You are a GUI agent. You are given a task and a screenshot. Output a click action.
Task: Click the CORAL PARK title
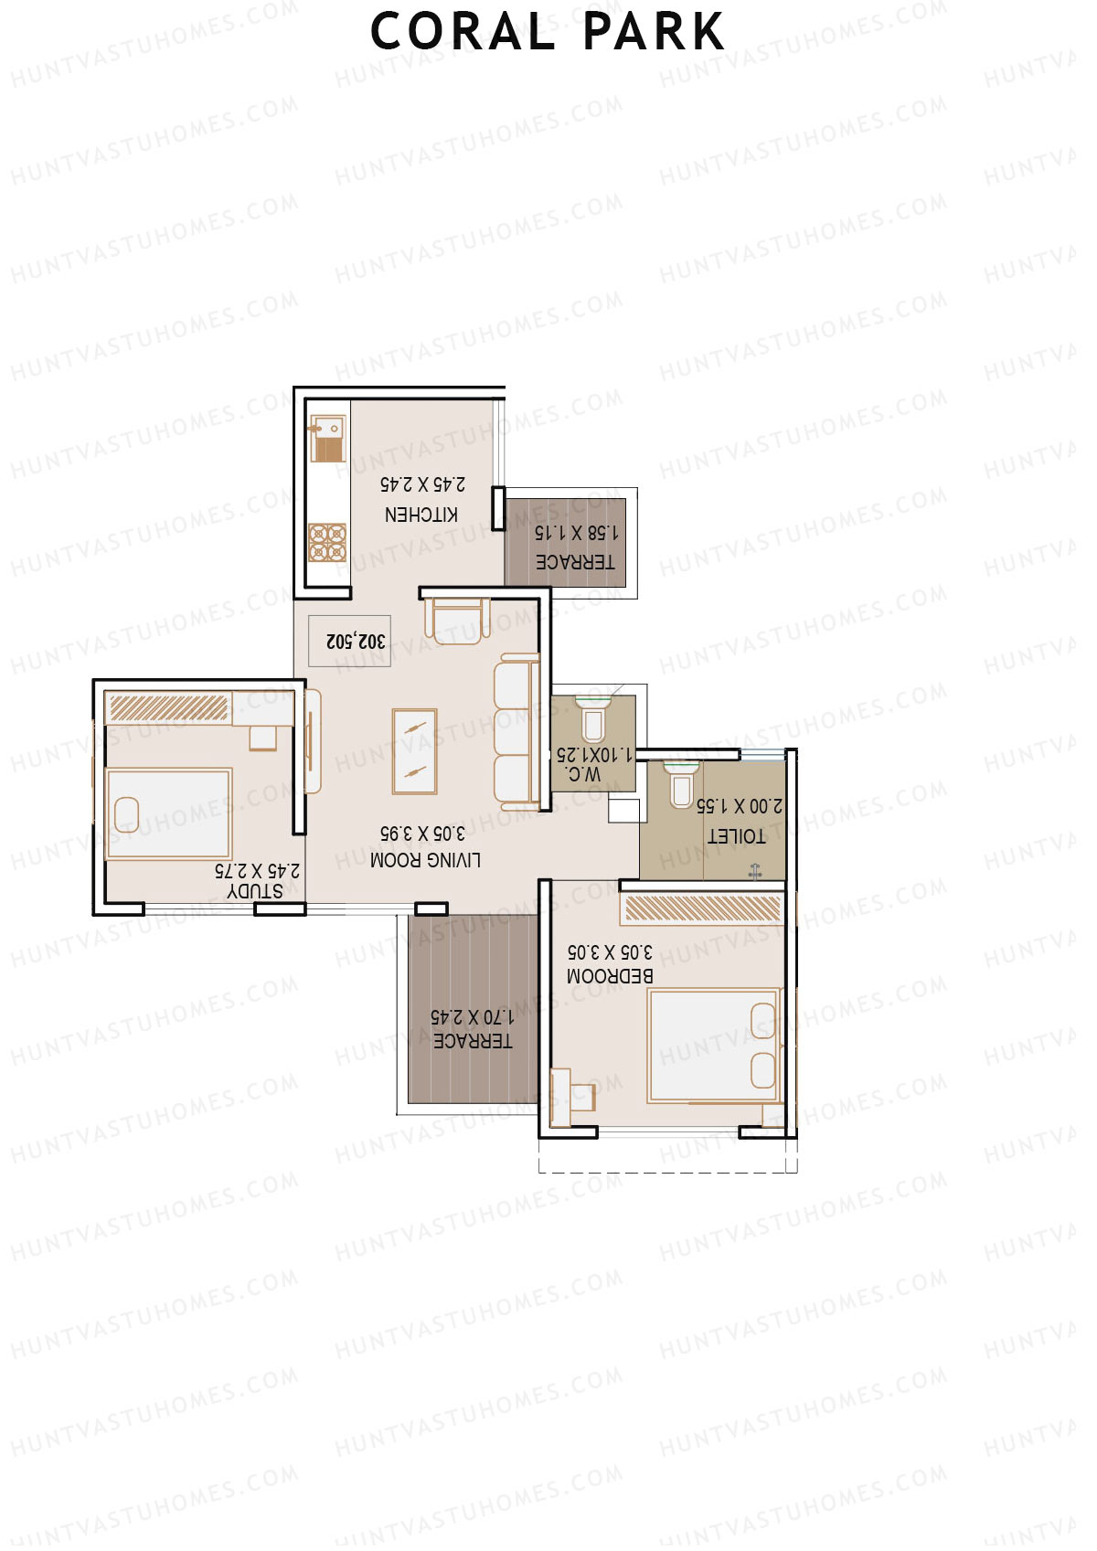pos(548,32)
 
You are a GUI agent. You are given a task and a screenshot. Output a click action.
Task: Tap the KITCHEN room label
pos(421,515)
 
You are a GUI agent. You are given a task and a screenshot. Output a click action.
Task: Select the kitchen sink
pos(326,439)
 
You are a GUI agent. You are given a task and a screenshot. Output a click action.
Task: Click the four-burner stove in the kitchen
pos(327,542)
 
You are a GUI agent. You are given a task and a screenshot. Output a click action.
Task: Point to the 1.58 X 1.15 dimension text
pos(576,532)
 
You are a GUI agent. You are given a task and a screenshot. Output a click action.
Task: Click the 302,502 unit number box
pos(356,641)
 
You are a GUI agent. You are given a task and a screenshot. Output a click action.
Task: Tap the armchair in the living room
pos(456,621)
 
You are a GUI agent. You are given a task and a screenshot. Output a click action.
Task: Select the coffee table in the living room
pos(415,751)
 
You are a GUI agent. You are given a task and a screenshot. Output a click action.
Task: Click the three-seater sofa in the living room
pos(517,731)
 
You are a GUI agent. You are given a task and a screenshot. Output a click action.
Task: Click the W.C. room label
pos(583,774)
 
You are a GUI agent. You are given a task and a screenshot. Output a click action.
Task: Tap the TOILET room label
pos(736,835)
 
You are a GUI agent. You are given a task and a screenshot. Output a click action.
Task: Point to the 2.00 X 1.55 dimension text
pos(740,806)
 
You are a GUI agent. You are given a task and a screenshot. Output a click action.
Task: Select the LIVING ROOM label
pos(425,860)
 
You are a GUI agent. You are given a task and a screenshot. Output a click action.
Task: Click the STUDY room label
pos(255,890)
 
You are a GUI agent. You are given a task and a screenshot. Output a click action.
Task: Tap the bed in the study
pos(168,813)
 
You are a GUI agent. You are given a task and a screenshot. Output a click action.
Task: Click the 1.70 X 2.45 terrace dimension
pos(472,1016)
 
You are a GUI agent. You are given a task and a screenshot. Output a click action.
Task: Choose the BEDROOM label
pos(610,976)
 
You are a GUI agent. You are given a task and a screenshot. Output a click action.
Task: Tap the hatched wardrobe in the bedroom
pos(702,908)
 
